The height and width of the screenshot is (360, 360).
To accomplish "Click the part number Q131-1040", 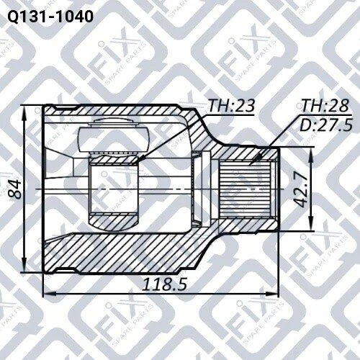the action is [x=50, y=17].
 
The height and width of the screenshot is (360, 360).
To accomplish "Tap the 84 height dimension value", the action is [x=15, y=189].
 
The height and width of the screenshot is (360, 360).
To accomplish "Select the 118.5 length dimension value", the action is [x=164, y=284].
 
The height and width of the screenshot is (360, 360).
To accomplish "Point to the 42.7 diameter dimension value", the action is [x=300, y=189].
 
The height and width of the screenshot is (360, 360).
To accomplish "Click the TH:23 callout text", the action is [x=231, y=106].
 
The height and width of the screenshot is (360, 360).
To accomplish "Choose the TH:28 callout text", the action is [x=325, y=105].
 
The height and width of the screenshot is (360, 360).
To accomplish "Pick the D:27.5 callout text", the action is [x=326, y=125].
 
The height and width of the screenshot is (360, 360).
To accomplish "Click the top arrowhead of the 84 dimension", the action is [x=24, y=107].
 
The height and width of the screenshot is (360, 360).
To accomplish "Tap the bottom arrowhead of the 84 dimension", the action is [x=24, y=271].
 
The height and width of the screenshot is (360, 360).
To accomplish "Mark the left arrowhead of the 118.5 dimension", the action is [x=45, y=294].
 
